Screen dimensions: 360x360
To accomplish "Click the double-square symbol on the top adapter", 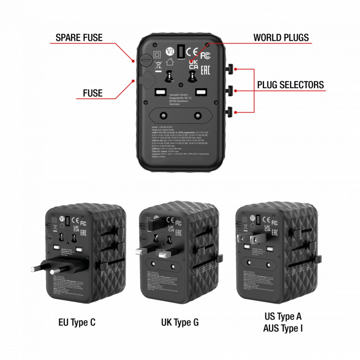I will [157, 55].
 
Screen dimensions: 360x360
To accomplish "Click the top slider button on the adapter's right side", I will [230, 69].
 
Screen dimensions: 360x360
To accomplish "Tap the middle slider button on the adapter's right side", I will [230, 90].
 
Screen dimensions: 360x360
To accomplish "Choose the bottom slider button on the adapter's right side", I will [230, 111].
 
